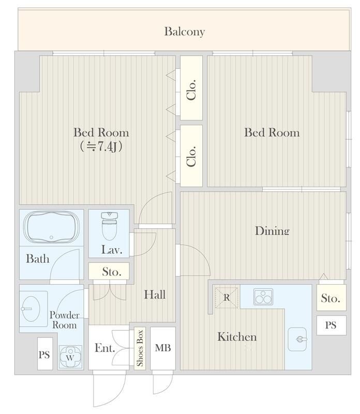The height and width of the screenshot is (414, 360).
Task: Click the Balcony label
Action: click(x=185, y=32)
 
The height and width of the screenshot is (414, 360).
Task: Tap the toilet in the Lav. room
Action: click(x=109, y=226)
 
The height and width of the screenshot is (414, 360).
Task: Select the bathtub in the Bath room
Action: click(x=51, y=227)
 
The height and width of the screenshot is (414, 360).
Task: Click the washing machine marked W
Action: click(x=70, y=357)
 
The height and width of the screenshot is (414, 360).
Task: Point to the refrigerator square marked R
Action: click(x=227, y=298)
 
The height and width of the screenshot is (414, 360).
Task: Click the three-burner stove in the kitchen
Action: click(x=263, y=297)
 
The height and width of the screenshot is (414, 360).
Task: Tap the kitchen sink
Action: click(x=297, y=339)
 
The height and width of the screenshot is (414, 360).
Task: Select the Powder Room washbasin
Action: click(x=31, y=308)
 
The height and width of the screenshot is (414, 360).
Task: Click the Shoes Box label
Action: click(x=140, y=348)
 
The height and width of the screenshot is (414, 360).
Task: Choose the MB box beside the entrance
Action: click(x=163, y=348)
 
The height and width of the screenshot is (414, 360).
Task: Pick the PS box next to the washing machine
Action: click(x=45, y=353)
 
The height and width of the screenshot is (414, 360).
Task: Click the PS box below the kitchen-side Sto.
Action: click(x=331, y=325)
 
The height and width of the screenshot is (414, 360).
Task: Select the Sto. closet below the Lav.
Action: click(x=109, y=271)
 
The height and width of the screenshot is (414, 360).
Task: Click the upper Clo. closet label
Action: click(x=191, y=89)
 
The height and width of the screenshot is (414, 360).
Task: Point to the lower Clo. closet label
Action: click(x=191, y=156)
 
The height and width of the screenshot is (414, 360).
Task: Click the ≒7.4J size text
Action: click(x=101, y=146)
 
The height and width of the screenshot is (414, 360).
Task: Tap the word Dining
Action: click(x=272, y=230)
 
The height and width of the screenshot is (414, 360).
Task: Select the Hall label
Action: click(x=155, y=294)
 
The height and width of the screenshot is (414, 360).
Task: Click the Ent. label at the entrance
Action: click(x=105, y=348)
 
